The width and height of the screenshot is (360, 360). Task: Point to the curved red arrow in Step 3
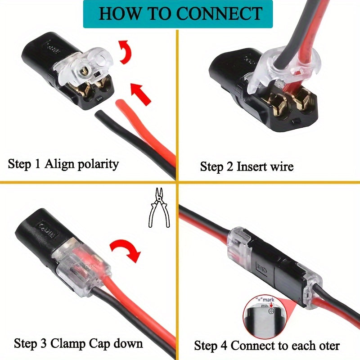click(125, 252)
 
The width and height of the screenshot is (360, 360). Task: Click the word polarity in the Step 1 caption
click(96, 164)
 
